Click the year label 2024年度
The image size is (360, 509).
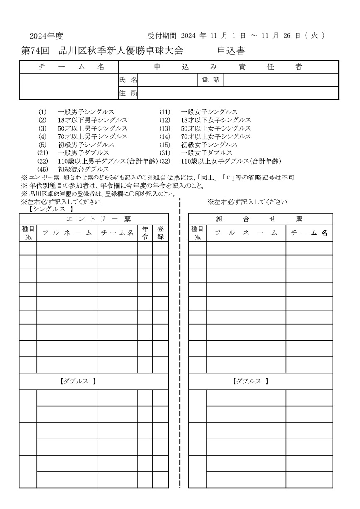click(46, 36)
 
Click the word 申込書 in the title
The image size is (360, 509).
click(231, 51)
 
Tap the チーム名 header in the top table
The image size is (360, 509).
click(69, 67)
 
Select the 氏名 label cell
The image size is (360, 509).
click(128, 80)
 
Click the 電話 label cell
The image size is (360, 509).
click(210, 80)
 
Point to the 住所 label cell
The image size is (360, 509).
click(128, 93)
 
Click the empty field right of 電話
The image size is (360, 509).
click(281, 80)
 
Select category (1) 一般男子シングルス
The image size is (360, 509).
click(86, 112)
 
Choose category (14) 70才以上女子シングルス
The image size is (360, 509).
click(215, 136)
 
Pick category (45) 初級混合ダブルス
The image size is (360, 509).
click(83, 169)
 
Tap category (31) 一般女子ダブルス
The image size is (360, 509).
click(206, 153)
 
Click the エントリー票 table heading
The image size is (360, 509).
click(94, 219)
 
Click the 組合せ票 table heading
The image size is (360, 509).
click(260, 219)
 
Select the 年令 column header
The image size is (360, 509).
click(145, 233)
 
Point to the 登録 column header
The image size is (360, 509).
click(160, 233)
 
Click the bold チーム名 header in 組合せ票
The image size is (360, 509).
click(309, 233)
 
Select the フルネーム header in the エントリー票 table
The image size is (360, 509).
click(67, 233)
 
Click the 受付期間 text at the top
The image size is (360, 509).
click(162, 36)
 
